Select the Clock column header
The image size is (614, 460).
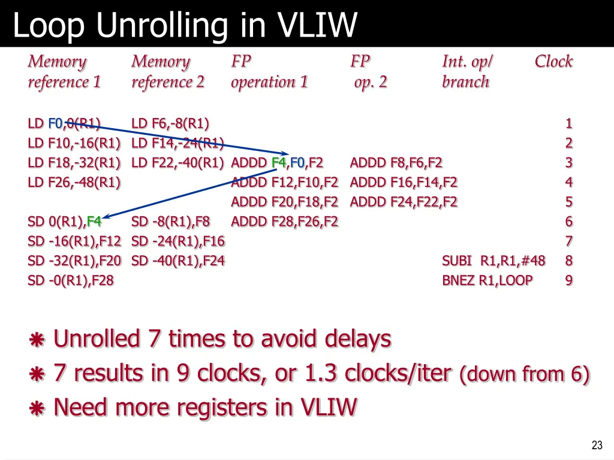click(553, 62)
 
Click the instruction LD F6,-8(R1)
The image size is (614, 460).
click(170, 124)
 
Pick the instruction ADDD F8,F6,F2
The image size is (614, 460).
click(396, 163)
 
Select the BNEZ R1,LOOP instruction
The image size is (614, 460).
click(487, 280)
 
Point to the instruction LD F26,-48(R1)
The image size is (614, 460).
click(74, 183)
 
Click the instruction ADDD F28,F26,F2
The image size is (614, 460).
click(284, 222)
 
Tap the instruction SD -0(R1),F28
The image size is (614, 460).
click(71, 280)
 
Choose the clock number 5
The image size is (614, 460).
click(568, 202)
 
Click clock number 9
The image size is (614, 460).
click(568, 280)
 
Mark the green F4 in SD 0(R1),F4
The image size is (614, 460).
click(94, 222)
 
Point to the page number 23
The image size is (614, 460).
click(597, 445)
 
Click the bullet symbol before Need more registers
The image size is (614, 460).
click(37, 408)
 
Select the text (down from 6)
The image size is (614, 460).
click(525, 374)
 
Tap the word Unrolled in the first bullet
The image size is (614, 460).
click(97, 339)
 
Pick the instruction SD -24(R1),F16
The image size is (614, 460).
click(178, 241)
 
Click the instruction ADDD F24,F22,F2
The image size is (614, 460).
click(404, 202)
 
